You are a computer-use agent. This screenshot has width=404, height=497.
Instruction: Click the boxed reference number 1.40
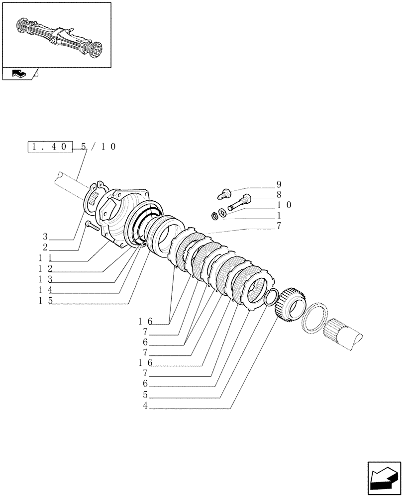coord(50,147)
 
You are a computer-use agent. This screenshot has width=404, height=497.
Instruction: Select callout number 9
coord(279,184)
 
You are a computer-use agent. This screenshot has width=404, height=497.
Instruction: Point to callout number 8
coord(279,194)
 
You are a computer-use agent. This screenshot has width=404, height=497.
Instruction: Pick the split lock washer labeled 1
coord(214,216)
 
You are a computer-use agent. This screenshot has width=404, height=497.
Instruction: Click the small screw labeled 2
coord(92,226)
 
